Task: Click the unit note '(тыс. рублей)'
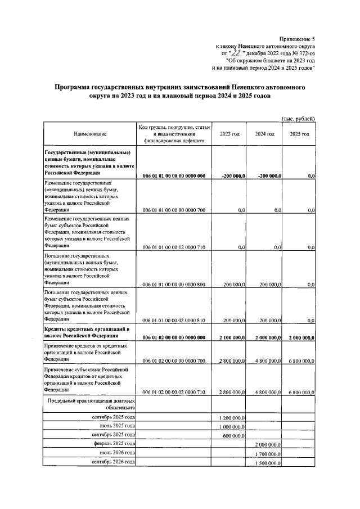point(298,118)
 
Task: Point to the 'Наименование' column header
point(89,134)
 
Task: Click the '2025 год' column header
point(299,134)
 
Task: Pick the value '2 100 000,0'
point(229,337)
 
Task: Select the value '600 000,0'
point(233,435)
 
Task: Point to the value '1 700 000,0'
point(265,453)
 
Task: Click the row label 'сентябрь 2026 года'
point(113,462)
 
